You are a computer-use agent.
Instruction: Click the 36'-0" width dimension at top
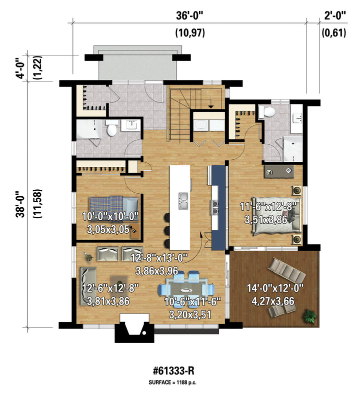pos(189,16)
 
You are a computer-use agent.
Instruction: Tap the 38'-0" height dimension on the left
pos(20,204)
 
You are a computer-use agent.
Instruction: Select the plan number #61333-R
pos(173,371)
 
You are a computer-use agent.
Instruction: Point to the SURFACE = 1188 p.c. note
pos(172,383)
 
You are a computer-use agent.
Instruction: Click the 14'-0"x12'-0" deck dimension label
pos(275,288)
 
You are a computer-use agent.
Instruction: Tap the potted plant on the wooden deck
pos(310,316)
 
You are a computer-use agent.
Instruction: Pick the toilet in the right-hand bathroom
pos(267,112)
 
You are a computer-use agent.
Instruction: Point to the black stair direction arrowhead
pos(211,107)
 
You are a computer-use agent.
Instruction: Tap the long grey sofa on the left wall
pos(88,286)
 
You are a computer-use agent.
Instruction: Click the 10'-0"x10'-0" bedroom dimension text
pos(110,216)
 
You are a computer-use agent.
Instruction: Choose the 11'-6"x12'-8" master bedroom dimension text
pos(268,207)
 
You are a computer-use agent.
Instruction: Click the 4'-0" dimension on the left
pos(20,68)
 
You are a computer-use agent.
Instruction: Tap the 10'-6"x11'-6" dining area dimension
pos(192,302)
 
